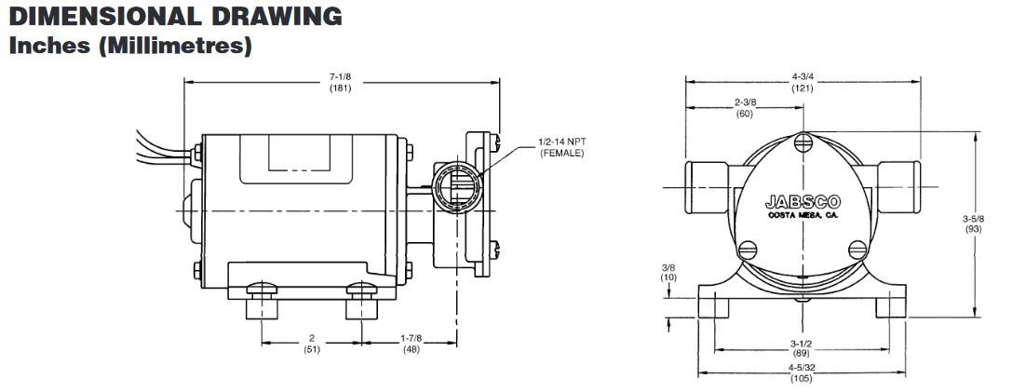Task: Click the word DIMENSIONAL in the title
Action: click(102, 16)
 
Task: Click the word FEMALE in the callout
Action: click(562, 153)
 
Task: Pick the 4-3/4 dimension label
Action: click(803, 77)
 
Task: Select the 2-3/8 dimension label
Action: click(745, 102)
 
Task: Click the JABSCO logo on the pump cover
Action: click(803, 202)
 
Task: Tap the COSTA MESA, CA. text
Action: click(803, 216)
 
